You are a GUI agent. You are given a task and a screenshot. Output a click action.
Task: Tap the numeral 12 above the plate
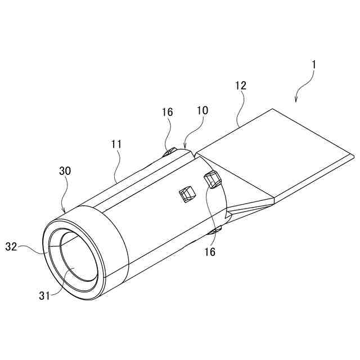[x=241, y=86]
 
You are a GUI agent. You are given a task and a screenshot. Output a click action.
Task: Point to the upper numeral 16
[x=168, y=112]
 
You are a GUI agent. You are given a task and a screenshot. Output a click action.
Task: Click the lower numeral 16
[x=209, y=253]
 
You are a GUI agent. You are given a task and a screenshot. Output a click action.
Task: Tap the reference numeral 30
[x=65, y=170]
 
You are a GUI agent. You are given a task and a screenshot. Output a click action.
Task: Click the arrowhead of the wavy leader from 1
[x=295, y=101]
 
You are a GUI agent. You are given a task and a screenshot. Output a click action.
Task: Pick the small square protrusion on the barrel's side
[x=186, y=195]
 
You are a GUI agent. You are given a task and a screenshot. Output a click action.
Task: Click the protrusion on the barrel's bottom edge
[x=214, y=231]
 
